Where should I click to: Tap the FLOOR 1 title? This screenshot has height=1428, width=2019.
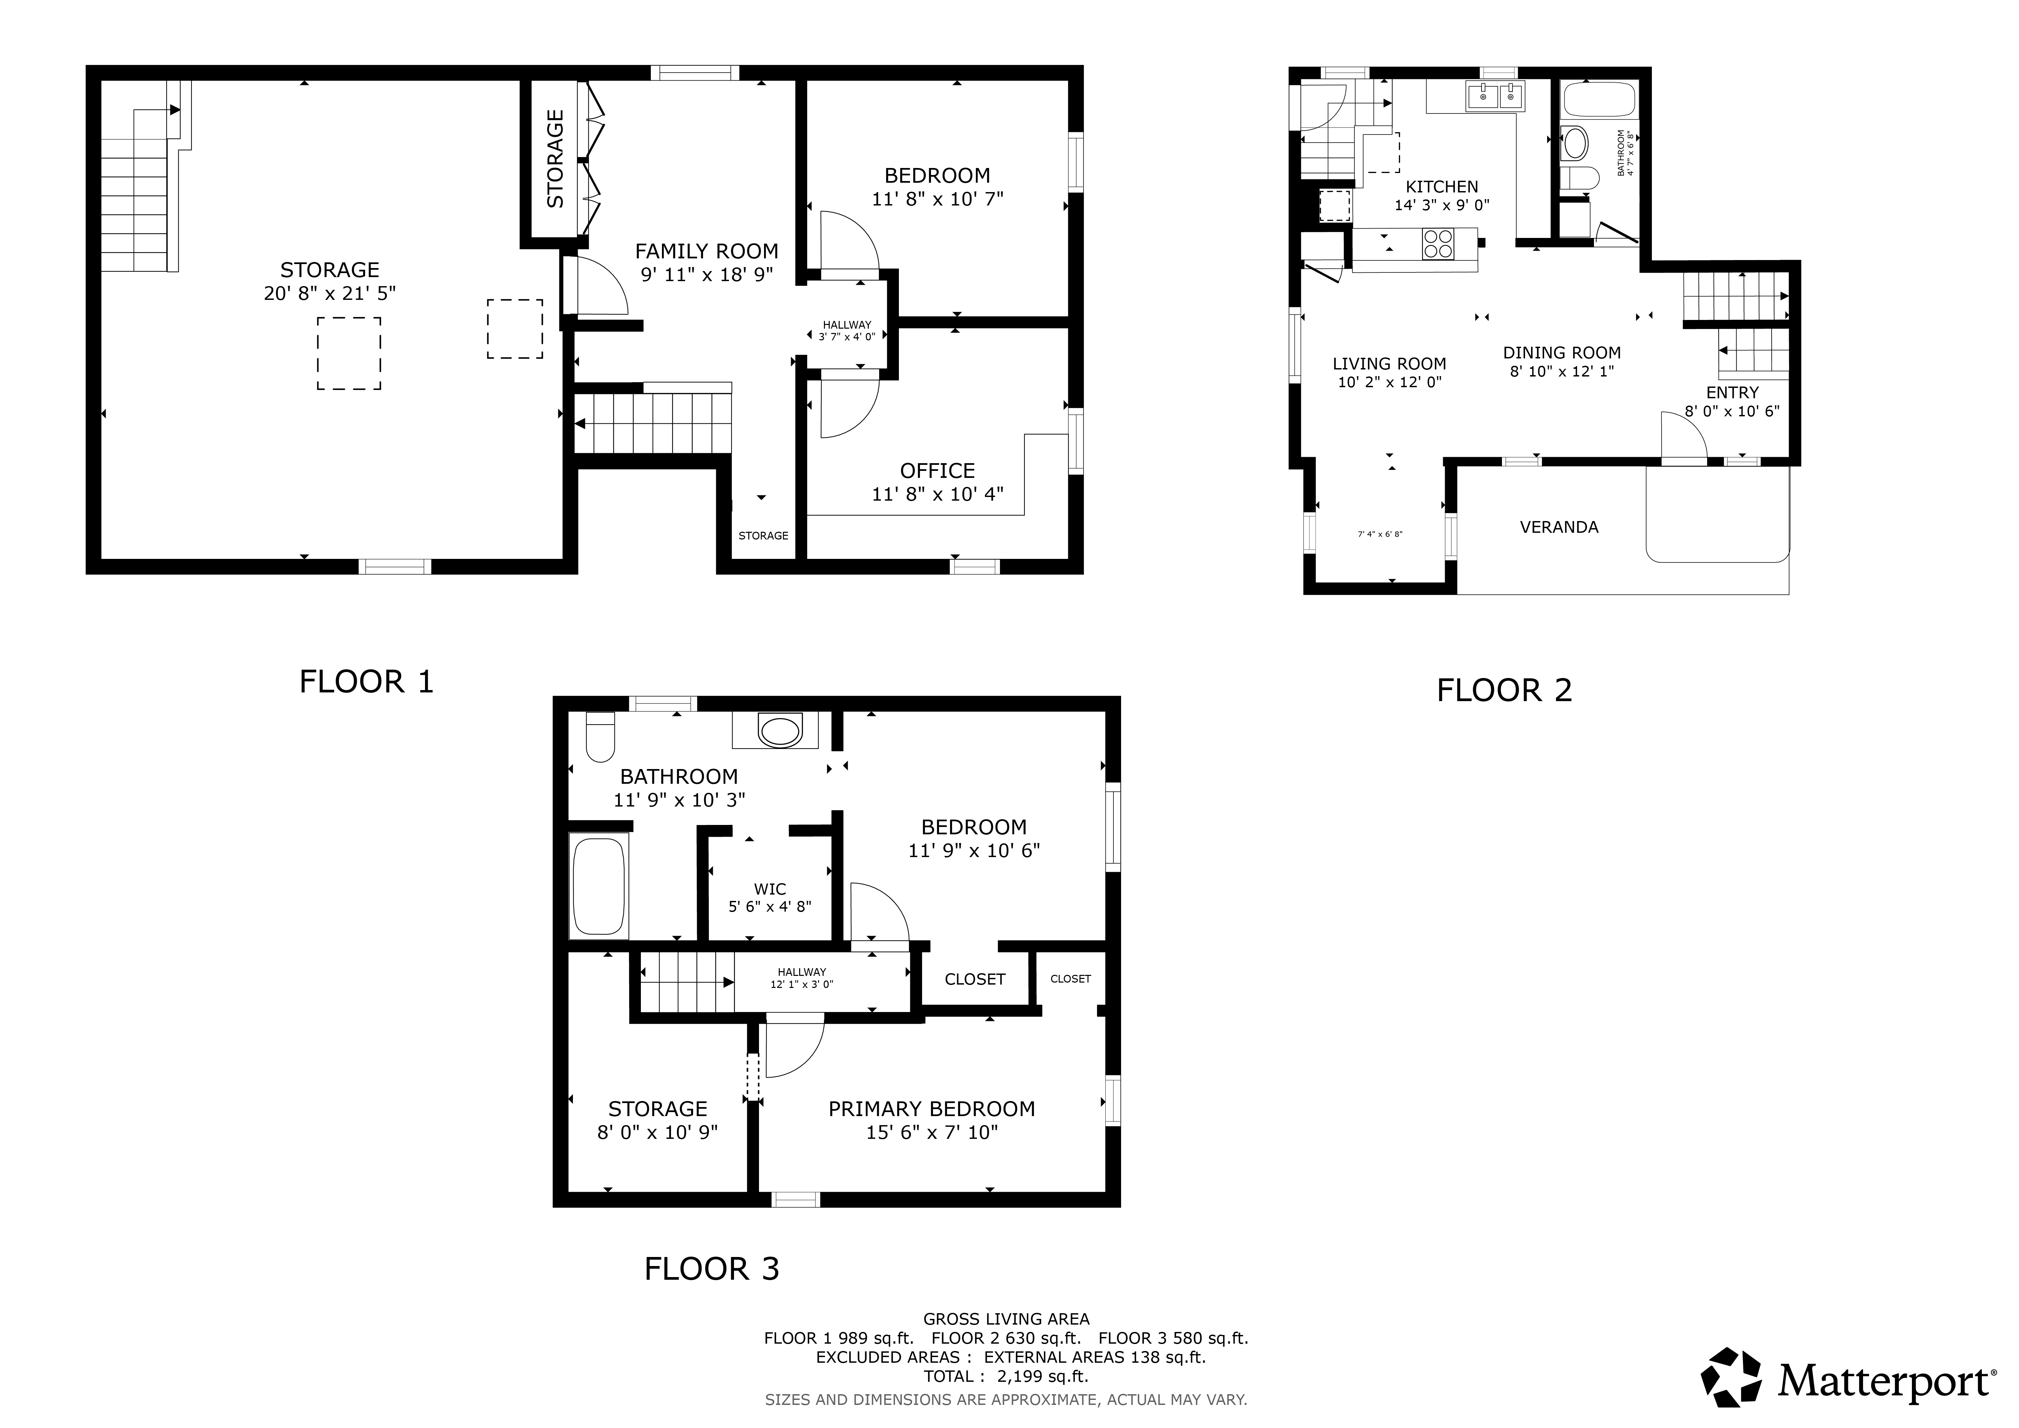(x=367, y=681)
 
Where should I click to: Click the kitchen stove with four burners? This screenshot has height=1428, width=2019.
(x=1439, y=244)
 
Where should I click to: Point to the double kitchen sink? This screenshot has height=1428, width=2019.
(x=1496, y=96)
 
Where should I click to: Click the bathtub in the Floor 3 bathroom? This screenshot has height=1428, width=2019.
(x=599, y=886)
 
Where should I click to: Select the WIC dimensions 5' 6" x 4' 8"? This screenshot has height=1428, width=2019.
(x=769, y=907)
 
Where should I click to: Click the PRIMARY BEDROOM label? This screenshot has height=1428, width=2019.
(x=931, y=1109)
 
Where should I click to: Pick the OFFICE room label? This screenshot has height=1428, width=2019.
(x=937, y=471)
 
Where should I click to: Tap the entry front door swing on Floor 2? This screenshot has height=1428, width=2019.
(x=1682, y=436)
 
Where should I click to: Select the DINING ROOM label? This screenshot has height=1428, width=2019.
(x=1562, y=353)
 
